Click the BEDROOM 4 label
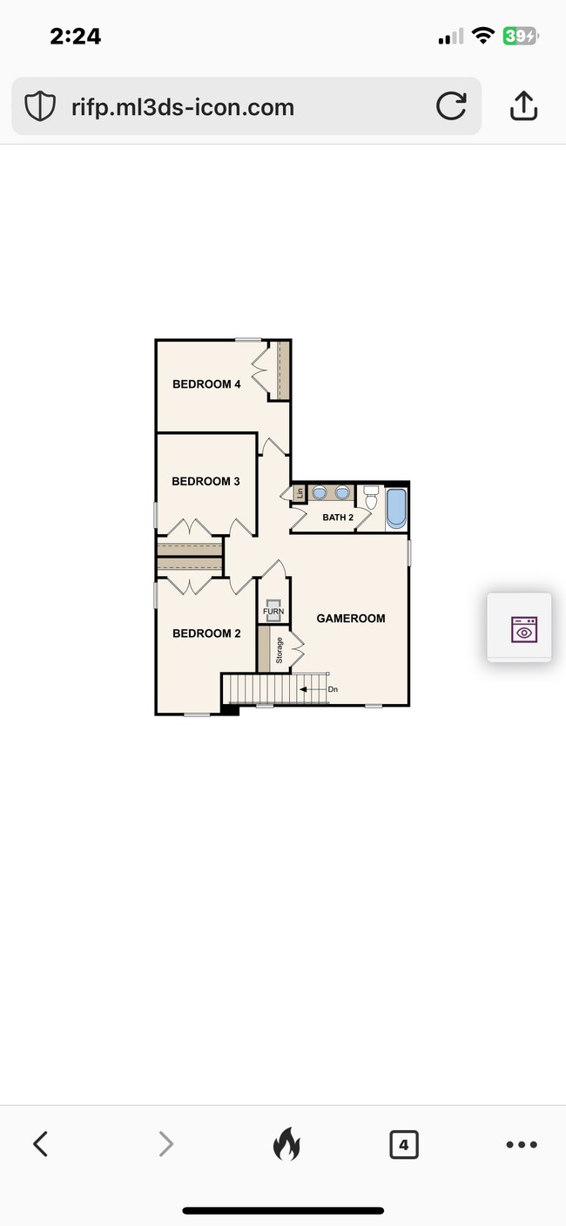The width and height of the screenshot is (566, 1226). [x=206, y=384]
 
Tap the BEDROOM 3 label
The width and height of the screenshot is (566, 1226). [x=206, y=481]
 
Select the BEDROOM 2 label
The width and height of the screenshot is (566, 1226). [x=206, y=633]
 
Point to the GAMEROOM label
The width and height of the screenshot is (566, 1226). [x=350, y=619]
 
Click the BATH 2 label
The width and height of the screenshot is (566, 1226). [x=338, y=518]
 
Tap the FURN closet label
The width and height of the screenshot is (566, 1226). [x=273, y=612]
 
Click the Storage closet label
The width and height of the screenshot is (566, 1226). [x=280, y=651]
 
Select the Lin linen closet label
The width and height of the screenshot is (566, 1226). [x=300, y=493]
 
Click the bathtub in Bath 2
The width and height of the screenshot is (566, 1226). [x=396, y=508]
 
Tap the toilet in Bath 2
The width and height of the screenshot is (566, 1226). [x=371, y=498]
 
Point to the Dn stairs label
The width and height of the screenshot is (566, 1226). [x=333, y=689]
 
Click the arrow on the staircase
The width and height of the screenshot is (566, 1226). [x=310, y=689]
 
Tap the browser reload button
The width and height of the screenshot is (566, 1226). [x=450, y=106]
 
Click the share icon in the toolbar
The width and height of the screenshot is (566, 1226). [x=522, y=105]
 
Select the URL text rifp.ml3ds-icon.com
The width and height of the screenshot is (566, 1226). [x=183, y=107]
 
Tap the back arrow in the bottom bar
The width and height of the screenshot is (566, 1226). [x=40, y=1144]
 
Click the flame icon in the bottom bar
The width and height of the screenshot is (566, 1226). [x=285, y=1144]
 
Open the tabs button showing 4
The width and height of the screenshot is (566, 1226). [x=403, y=1144]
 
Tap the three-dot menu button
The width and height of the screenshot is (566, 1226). [x=522, y=1144]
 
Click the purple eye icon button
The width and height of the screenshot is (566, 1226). [x=523, y=629]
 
